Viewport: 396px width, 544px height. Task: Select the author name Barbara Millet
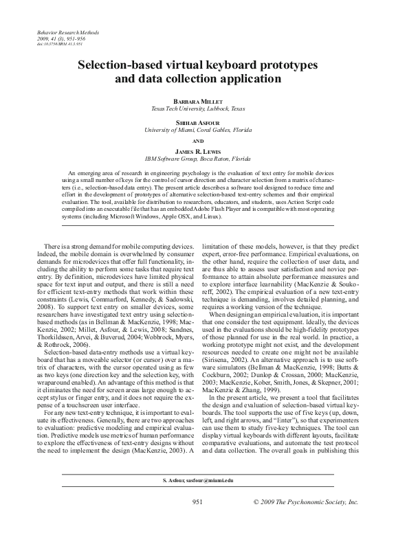(x=197, y=100)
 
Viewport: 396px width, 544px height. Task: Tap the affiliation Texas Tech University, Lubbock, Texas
(x=197, y=109)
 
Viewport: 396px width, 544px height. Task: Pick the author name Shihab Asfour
(x=197, y=122)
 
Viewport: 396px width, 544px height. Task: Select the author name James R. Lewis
(x=197, y=150)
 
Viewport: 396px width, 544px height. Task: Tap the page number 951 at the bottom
(x=197, y=521)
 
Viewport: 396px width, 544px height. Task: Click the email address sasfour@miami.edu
(x=209, y=499)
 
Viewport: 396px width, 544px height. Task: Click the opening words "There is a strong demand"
(x=76, y=245)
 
